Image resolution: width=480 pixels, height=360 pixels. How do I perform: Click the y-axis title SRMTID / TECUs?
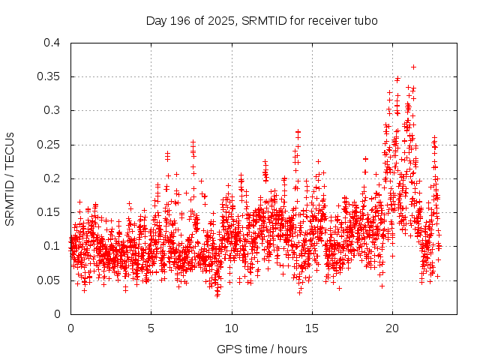tap(10, 178)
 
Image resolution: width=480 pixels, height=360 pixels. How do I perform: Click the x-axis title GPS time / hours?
tap(261, 349)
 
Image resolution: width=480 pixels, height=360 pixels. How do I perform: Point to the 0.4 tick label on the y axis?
tap(51, 43)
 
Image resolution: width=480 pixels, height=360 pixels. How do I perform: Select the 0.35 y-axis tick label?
tap(48, 76)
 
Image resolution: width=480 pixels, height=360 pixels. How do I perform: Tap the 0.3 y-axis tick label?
tap(51, 110)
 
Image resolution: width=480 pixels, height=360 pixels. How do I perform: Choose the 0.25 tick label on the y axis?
tap(48, 145)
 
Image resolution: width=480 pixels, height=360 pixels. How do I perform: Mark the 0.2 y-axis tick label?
tap(51, 178)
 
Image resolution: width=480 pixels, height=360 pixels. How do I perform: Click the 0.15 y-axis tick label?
tap(48, 212)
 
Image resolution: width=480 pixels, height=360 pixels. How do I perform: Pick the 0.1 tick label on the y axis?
tap(51, 246)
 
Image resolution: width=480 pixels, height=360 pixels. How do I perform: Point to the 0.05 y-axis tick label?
tap(48, 280)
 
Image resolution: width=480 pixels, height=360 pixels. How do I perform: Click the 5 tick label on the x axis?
tap(151, 328)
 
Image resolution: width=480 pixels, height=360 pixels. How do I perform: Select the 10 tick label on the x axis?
tap(232, 328)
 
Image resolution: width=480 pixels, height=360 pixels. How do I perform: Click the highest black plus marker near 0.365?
tap(413, 67)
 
